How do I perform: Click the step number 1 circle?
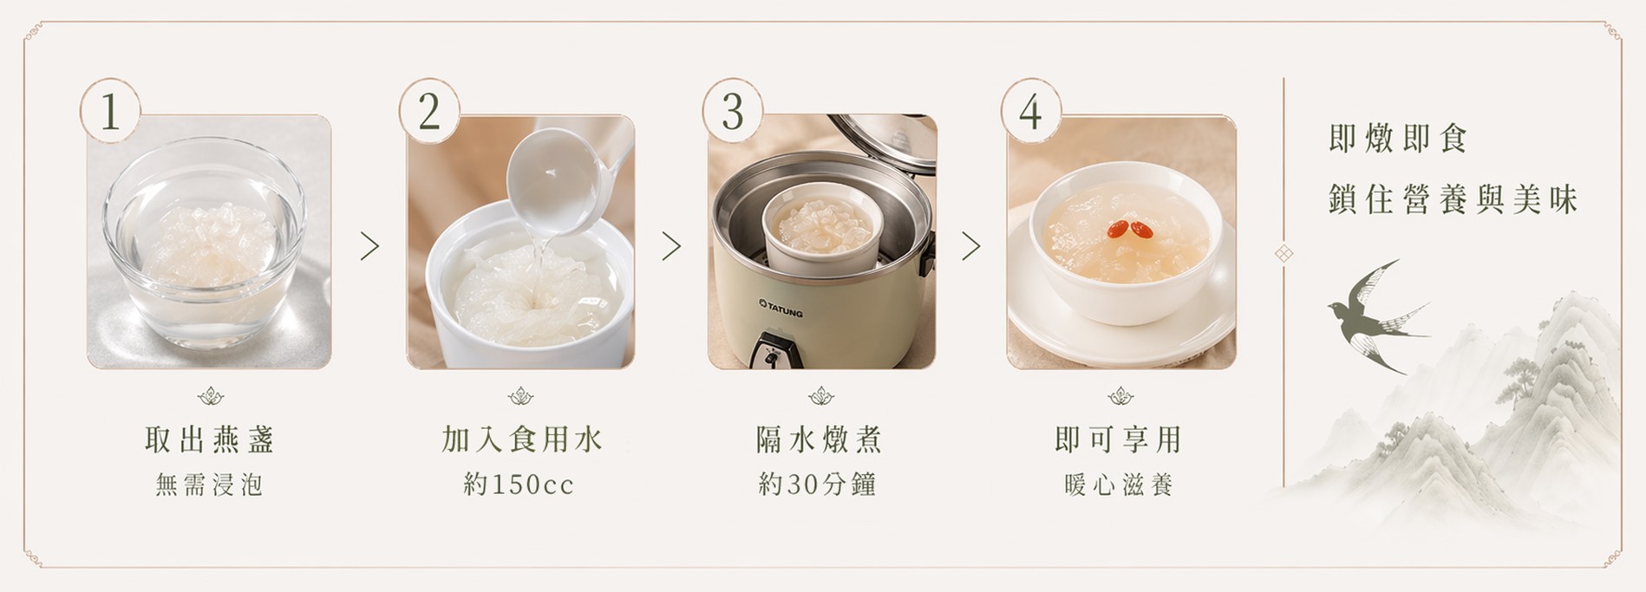pyautogui.click(x=110, y=110)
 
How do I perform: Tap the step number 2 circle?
pyautogui.click(x=429, y=110)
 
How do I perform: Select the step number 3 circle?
pyautogui.click(x=733, y=110)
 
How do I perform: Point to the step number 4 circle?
pyautogui.click(x=1031, y=110)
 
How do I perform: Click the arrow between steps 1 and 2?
pyautogui.click(x=370, y=247)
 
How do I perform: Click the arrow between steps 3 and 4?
pyautogui.click(x=971, y=247)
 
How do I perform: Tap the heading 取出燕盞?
pyautogui.click(x=210, y=439)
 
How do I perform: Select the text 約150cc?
pyautogui.click(x=519, y=484)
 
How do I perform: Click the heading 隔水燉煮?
pyautogui.click(x=819, y=439)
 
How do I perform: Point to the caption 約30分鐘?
pyautogui.click(x=818, y=484)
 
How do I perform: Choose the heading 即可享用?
pyautogui.click(x=1119, y=439)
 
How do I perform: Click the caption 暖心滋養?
pyautogui.click(x=1119, y=484)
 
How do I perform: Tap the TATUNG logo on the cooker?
pyautogui.click(x=781, y=307)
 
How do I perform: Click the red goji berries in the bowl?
pyautogui.click(x=1128, y=229)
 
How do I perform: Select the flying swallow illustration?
pyautogui.click(x=1377, y=316)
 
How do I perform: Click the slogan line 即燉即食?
pyautogui.click(x=1397, y=139)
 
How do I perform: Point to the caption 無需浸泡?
pyautogui.click(x=209, y=484)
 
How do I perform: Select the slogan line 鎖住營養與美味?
pyautogui.click(x=1453, y=199)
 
